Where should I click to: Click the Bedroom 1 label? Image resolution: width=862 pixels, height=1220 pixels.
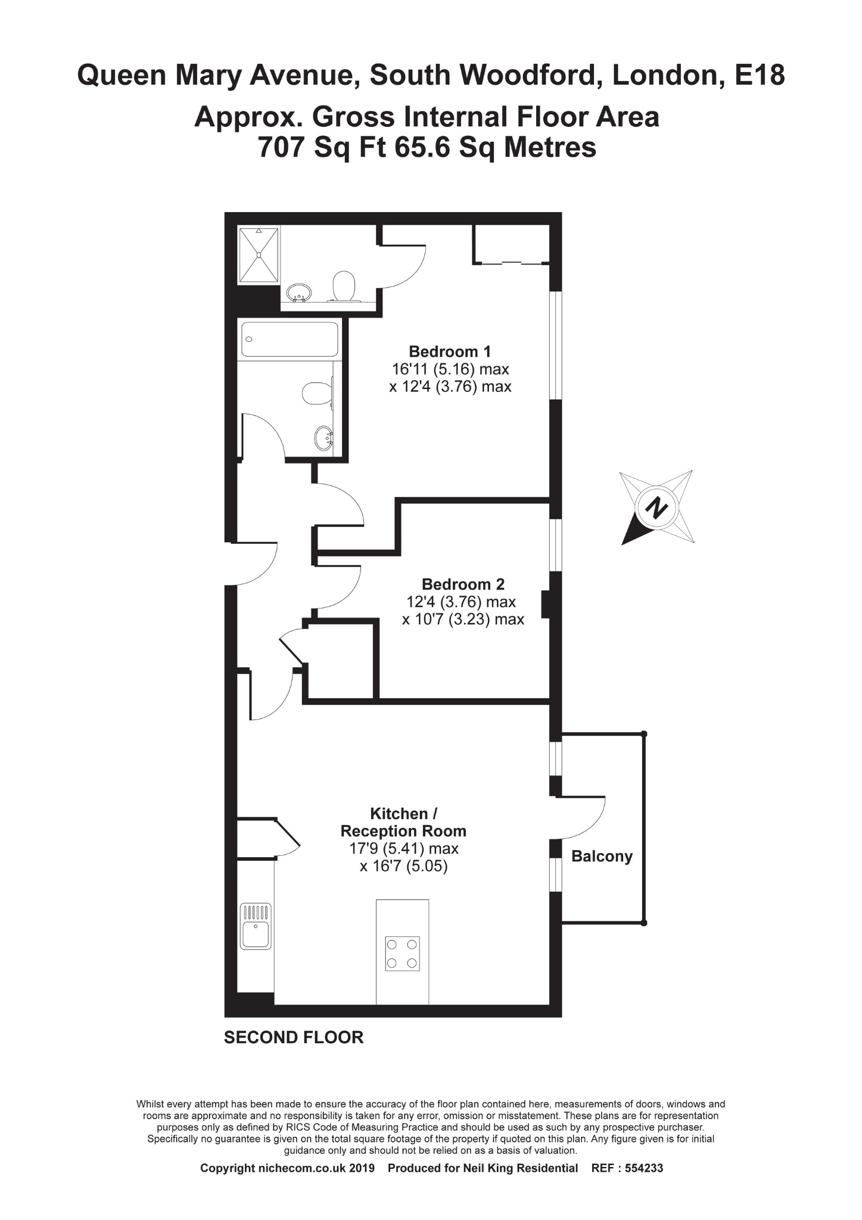pyautogui.click(x=450, y=351)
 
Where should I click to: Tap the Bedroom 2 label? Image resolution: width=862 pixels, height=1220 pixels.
pyautogui.click(x=463, y=584)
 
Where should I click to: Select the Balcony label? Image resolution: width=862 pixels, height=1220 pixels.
pyautogui.click(x=602, y=856)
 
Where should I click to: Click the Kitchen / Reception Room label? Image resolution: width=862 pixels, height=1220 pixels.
pyautogui.click(x=403, y=822)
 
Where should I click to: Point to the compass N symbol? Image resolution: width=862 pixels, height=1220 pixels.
pyautogui.click(x=657, y=508)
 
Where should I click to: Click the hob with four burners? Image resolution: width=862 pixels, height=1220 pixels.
pyautogui.click(x=402, y=954)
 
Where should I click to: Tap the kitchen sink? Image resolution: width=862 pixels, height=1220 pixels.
pyautogui.click(x=256, y=926)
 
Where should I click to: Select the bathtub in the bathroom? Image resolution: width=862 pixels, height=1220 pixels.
pyautogui.click(x=290, y=340)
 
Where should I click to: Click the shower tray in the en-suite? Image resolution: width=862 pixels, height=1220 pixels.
pyautogui.click(x=259, y=255)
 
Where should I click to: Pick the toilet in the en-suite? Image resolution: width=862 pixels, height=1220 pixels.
pyautogui.click(x=344, y=286)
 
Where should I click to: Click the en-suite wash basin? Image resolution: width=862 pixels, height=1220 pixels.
pyautogui.click(x=298, y=292)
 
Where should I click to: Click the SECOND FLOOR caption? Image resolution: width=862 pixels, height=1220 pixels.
pyautogui.click(x=294, y=1037)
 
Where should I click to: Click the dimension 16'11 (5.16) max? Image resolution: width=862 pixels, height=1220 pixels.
pyautogui.click(x=450, y=369)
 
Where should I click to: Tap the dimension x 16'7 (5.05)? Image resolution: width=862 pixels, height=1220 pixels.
pyautogui.click(x=403, y=866)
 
